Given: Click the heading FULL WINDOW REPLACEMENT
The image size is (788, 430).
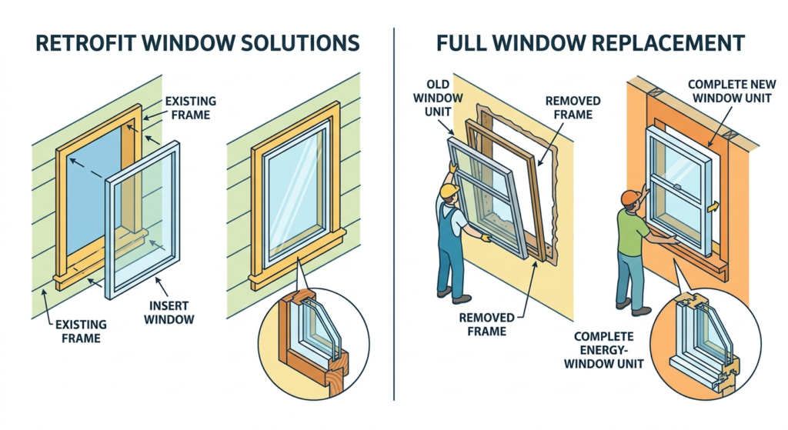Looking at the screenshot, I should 591,42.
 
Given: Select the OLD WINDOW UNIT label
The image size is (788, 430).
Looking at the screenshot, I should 435,98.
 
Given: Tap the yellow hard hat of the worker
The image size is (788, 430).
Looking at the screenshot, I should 449,190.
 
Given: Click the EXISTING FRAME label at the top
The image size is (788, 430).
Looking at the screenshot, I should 189,108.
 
